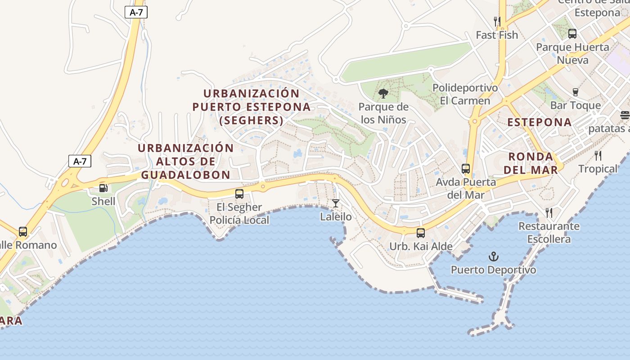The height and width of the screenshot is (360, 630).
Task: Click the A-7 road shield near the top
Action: tap(136, 13)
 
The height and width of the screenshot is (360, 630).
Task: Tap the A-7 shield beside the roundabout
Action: tap(80, 161)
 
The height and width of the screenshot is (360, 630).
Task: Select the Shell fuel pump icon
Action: tap(103, 188)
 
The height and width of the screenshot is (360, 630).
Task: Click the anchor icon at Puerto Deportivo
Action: tap(494, 256)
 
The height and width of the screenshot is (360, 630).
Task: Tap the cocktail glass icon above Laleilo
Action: tap(336, 203)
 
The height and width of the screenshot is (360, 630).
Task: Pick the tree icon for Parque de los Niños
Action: tap(383, 94)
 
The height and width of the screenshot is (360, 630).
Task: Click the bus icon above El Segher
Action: tap(239, 194)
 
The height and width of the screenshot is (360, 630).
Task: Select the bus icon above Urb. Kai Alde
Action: tap(421, 233)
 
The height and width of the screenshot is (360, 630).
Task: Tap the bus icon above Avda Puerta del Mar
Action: tap(466, 169)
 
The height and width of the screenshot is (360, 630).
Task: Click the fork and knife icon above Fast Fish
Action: tap(497, 21)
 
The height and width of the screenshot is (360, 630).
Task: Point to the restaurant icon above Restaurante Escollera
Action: tap(549, 212)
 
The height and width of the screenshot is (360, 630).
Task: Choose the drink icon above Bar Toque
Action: tap(575, 92)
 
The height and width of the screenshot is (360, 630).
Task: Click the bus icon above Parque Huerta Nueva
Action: tap(572, 33)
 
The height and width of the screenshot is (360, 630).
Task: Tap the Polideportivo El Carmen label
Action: tap(465, 94)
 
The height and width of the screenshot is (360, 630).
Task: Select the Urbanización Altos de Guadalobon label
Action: tap(185, 161)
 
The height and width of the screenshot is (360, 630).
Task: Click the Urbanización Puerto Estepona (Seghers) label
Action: tap(252, 107)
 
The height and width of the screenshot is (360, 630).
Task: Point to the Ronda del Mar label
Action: tap(531, 163)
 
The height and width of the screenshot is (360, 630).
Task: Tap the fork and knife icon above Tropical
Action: tap(598, 156)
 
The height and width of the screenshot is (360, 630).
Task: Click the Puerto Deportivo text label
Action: tap(494, 270)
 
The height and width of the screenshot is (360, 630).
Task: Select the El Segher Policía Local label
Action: tap(239, 213)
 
